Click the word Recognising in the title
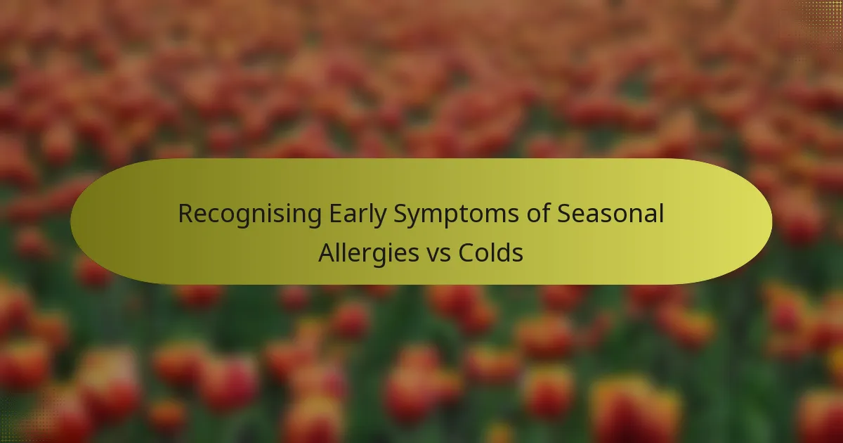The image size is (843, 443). [x=249, y=214]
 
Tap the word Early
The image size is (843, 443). [x=358, y=214]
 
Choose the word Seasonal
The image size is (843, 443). [x=610, y=214]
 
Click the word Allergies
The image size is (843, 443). [x=368, y=254]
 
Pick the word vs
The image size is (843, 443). [x=438, y=255]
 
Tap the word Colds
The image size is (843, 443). [x=491, y=252]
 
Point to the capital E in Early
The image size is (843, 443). [x=336, y=214]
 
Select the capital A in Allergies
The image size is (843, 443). [x=327, y=252]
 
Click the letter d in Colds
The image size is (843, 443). [x=503, y=252]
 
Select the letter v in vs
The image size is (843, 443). [x=433, y=255]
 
